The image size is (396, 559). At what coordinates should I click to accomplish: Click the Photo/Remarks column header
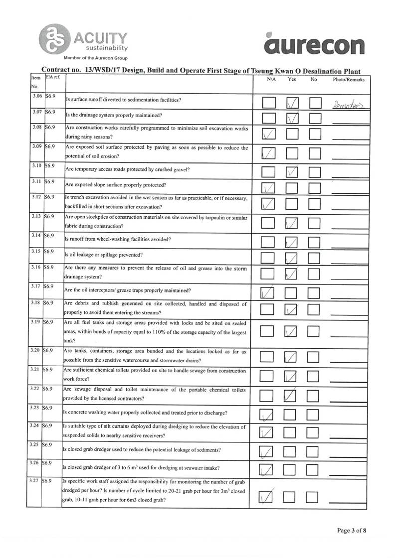349,79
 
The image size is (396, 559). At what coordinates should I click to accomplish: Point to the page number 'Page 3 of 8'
352,530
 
